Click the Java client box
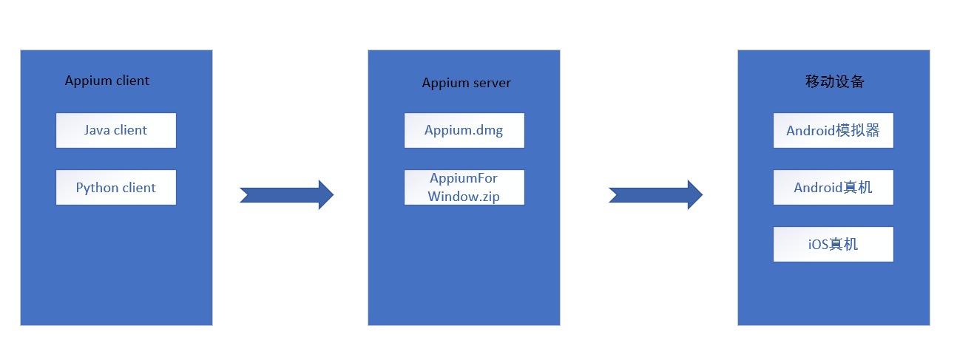[x=116, y=130]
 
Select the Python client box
[x=116, y=188]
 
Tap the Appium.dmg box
[x=464, y=130]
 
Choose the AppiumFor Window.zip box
[x=464, y=188]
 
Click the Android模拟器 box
[x=833, y=131]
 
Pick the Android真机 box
[x=833, y=188]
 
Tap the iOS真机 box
[x=833, y=244]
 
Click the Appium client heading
[x=107, y=81]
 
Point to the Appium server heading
[x=466, y=83]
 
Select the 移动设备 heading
[x=834, y=82]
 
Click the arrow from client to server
[x=287, y=195]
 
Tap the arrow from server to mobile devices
[x=655, y=195]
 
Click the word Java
[x=97, y=130]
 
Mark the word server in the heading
[x=492, y=83]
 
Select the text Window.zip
[x=464, y=197]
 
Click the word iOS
[x=818, y=244]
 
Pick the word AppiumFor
[x=464, y=179]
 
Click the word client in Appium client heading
[x=132, y=81]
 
